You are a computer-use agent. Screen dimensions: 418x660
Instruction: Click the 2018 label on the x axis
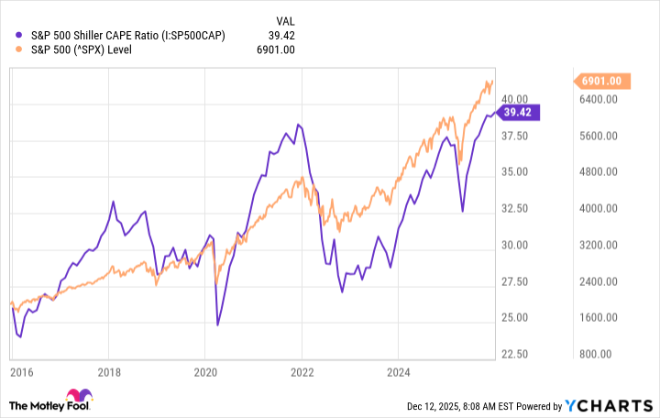point(109,374)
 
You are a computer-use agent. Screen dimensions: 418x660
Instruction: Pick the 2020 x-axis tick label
point(205,374)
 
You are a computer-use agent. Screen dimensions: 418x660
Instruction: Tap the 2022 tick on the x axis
point(302,374)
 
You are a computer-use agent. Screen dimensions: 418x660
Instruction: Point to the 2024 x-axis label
point(398,374)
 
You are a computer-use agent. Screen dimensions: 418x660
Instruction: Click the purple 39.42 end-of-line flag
point(520,113)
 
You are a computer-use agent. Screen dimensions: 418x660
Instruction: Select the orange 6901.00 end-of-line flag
point(601,82)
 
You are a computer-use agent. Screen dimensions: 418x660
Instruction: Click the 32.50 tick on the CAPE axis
point(514,209)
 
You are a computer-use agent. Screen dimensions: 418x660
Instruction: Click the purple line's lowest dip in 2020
point(217,324)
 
